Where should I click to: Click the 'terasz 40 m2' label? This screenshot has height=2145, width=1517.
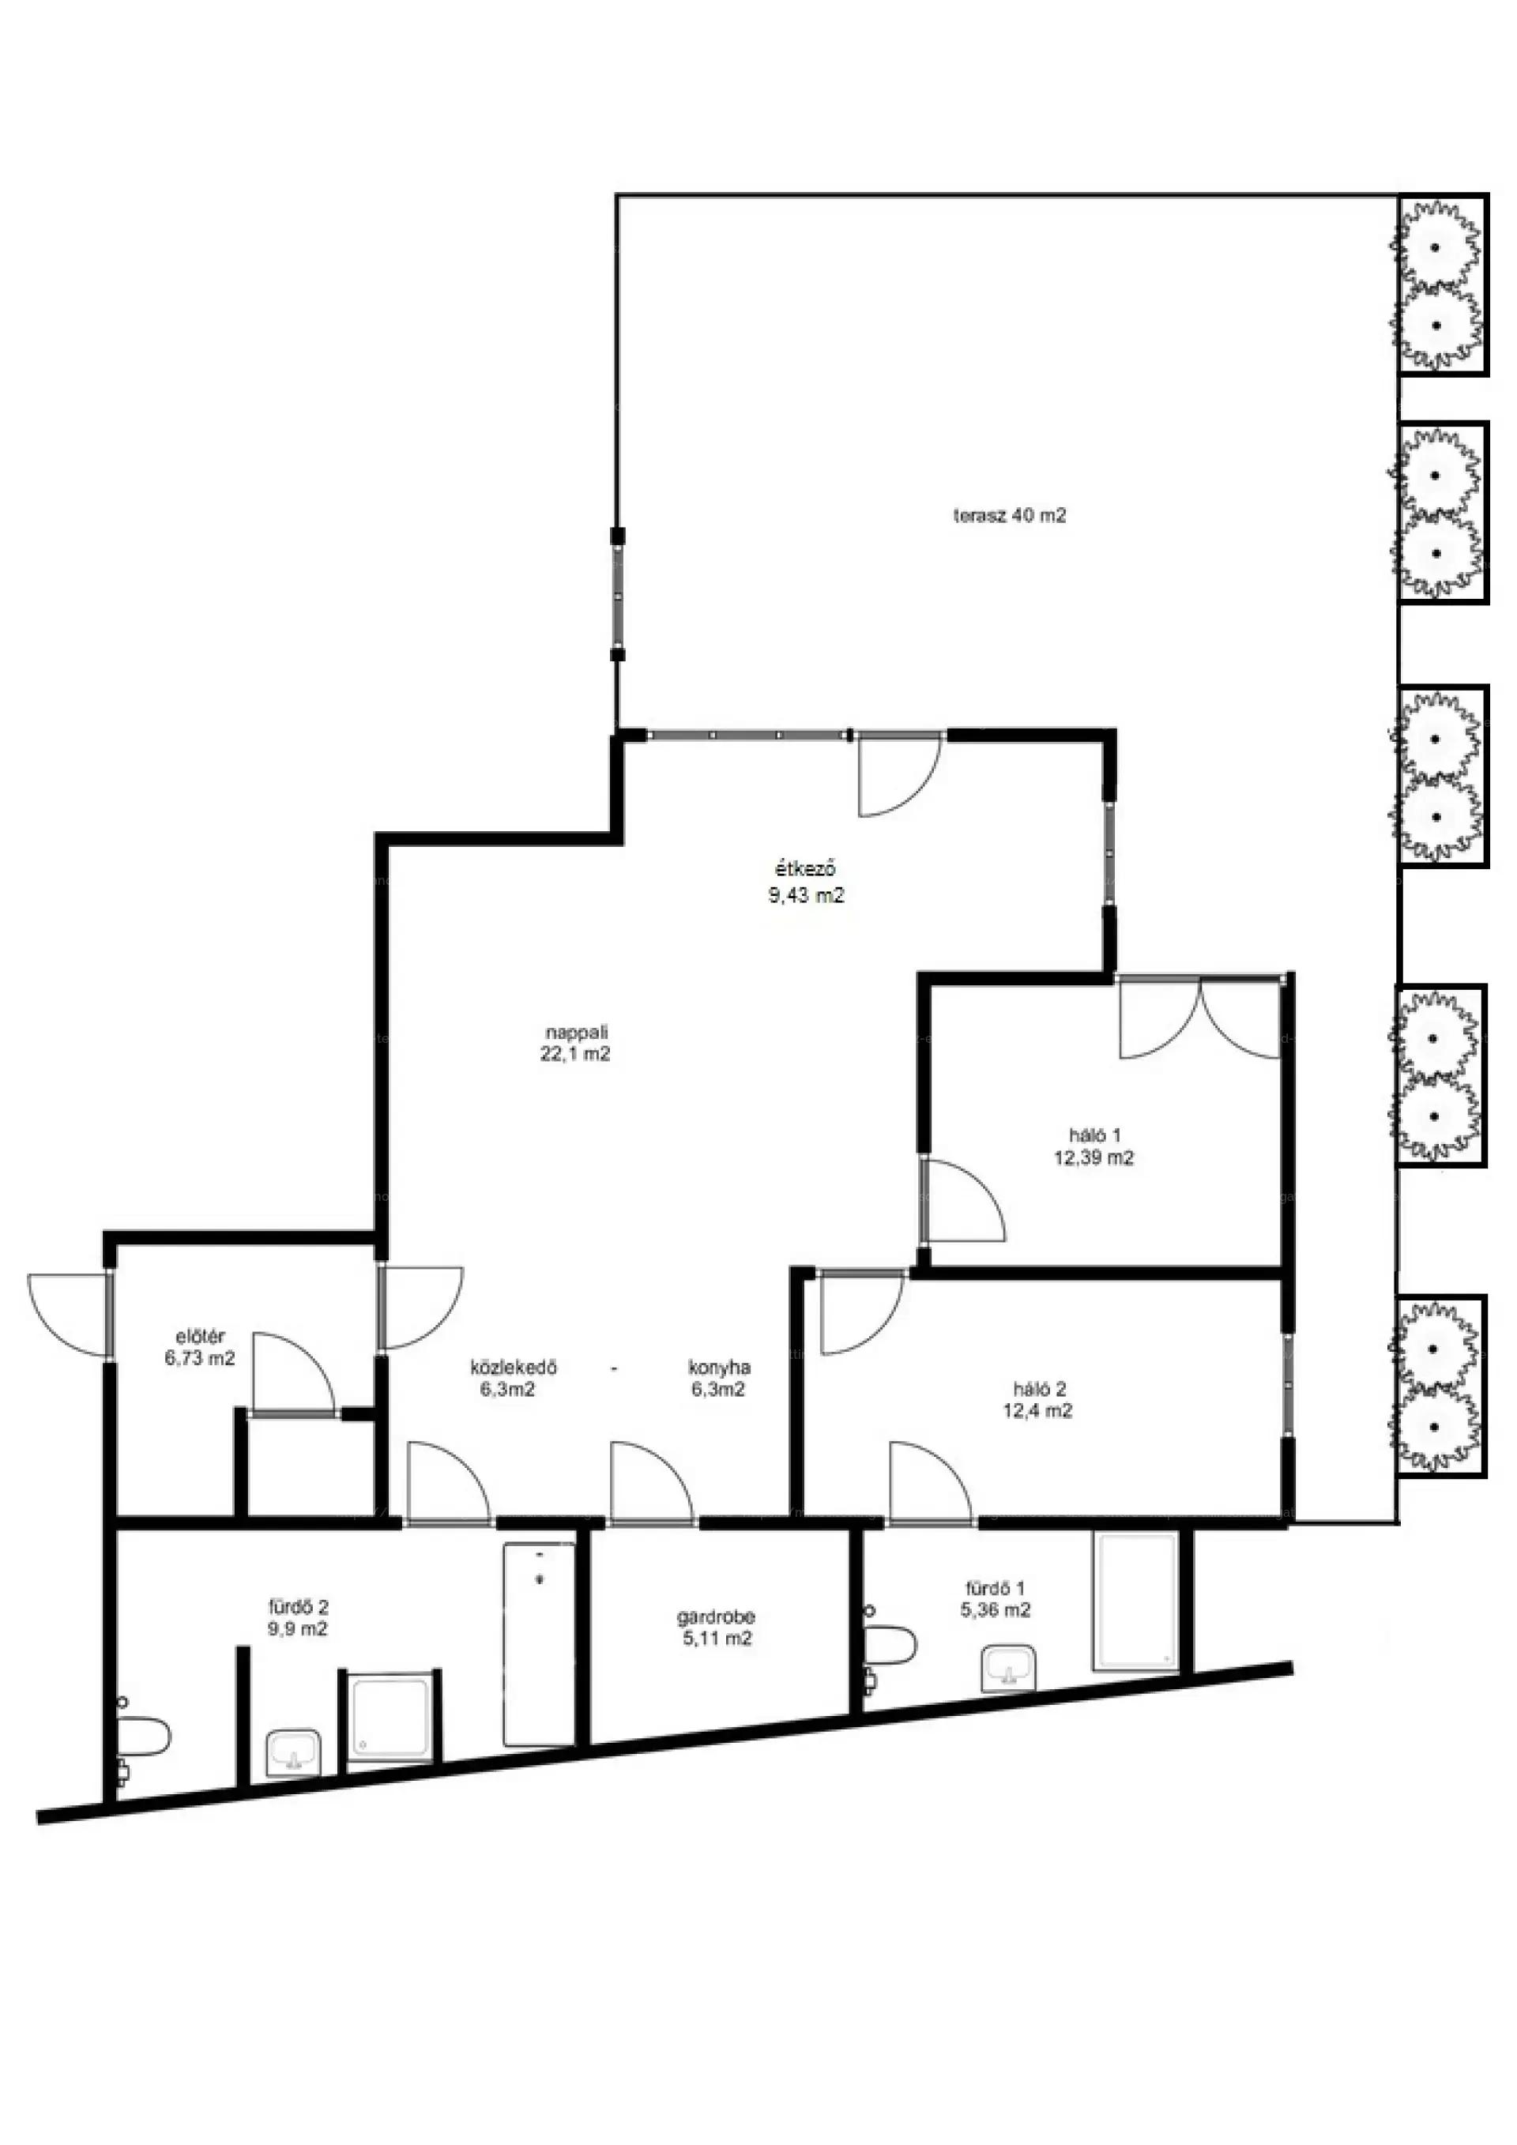pyautogui.click(x=1010, y=515)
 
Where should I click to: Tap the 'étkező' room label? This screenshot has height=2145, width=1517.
pyautogui.click(x=806, y=870)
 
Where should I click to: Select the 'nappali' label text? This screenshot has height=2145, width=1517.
pyautogui.click(x=576, y=1033)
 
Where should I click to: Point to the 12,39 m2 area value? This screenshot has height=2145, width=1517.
pyautogui.click(x=1094, y=1157)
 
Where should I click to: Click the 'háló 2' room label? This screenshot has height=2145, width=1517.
pyautogui.click(x=1040, y=1389)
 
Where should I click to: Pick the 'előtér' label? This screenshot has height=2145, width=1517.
pyautogui.click(x=200, y=1337)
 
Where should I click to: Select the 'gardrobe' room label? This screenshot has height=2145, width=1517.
pyautogui.click(x=717, y=1616)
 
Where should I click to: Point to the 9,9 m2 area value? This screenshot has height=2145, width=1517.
pyautogui.click(x=297, y=1628)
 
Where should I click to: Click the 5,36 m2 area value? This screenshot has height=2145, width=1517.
pyautogui.click(x=996, y=1609)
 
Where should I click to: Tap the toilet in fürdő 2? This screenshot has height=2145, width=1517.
pyautogui.click(x=142, y=1737)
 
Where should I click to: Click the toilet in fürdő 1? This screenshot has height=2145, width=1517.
pyautogui.click(x=890, y=1646)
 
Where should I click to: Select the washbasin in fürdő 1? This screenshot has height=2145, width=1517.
pyautogui.click(x=1009, y=1669)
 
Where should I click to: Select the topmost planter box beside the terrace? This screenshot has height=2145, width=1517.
pyautogui.click(x=1442, y=285)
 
